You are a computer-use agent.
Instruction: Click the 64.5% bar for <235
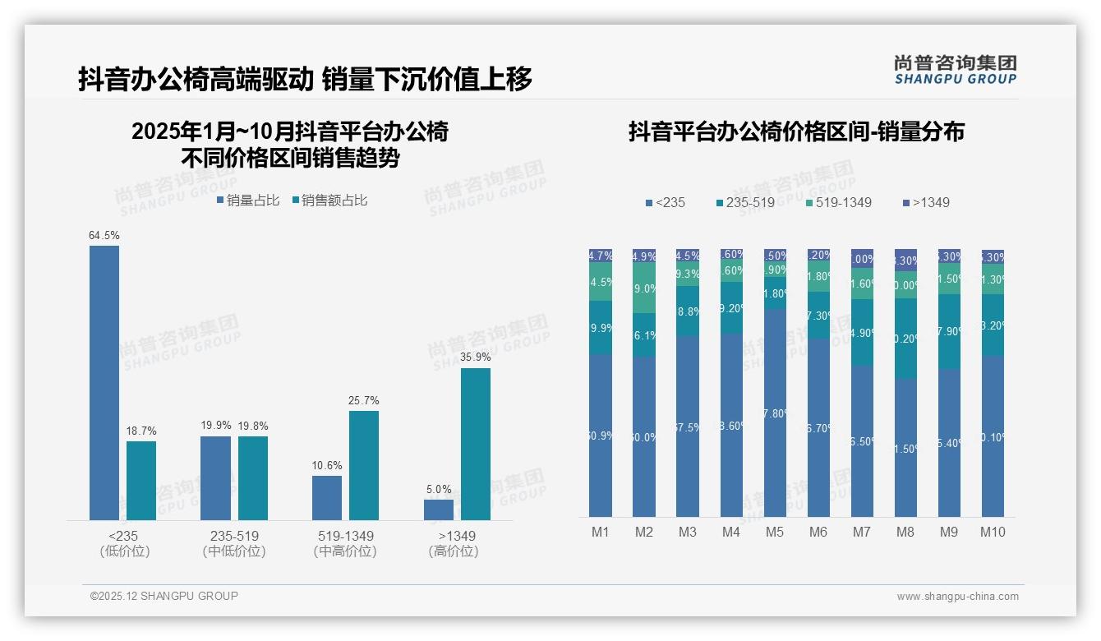(104, 382)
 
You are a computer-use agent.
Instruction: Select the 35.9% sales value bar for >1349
(475, 444)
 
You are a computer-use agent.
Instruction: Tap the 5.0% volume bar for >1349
(438, 510)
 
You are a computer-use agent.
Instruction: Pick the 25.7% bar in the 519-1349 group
(364, 465)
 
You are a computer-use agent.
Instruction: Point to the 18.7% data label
(141, 431)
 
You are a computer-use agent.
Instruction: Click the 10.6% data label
(327, 466)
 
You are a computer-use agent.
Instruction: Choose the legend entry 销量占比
(248, 201)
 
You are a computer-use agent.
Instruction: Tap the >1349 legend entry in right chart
(925, 202)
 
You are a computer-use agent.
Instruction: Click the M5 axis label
(774, 532)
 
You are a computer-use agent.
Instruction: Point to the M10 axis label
(993, 532)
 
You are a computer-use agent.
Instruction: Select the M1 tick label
(601, 532)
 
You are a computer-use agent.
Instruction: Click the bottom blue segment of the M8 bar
(905, 448)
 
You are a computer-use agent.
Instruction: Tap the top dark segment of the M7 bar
(862, 258)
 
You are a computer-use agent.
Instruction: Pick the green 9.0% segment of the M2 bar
(644, 288)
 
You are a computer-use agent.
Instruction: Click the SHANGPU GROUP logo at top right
(956, 70)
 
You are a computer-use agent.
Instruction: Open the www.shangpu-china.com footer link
(957, 597)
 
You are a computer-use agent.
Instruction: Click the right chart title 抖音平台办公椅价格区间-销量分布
(796, 131)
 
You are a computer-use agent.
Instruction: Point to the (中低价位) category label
(234, 551)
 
